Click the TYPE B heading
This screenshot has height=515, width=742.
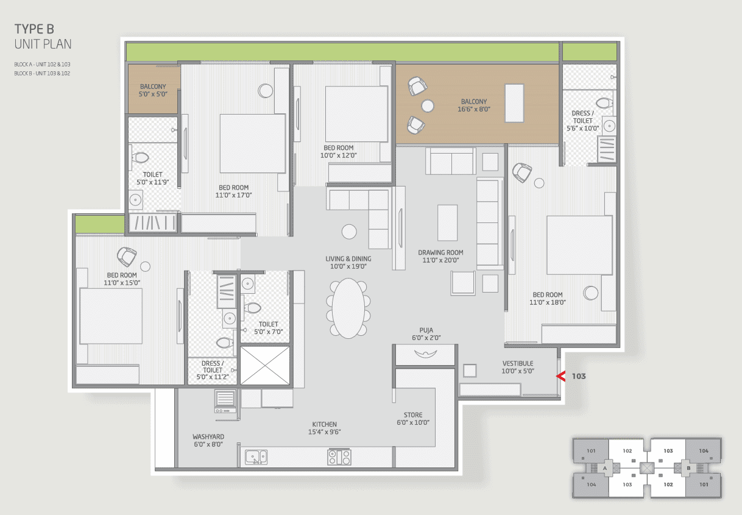pyautogui.click(x=34, y=29)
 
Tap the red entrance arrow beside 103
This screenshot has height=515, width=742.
pyautogui.click(x=561, y=376)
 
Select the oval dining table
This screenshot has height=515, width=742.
pyautogui.click(x=348, y=308)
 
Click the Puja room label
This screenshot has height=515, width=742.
pyautogui.click(x=426, y=334)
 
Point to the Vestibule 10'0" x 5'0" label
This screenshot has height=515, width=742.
pyautogui.click(x=518, y=367)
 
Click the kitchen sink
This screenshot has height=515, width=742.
pyautogui.click(x=256, y=457)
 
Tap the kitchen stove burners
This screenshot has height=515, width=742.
pyautogui.click(x=339, y=457)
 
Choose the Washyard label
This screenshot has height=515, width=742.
pyautogui.click(x=208, y=441)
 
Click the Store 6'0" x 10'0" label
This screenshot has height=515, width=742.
pyautogui.click(x=413, y=419)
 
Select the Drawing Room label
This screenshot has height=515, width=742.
pyautogui.click(x=440, y=256)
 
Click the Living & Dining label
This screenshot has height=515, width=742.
pyautogui.click(x=348, y=263)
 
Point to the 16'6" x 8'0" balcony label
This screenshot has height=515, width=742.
pyautogui.click(x=474, y=105)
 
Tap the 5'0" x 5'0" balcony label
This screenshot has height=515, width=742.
pyautogui.click(x=153, y=90)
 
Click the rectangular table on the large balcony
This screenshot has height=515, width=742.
pyautogui.click(x=514, y=103)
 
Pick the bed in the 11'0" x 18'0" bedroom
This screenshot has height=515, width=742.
pyautogui.click(x=579, y=245)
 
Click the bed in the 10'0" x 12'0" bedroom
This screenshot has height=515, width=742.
pyautogui.click(x=356, y=114)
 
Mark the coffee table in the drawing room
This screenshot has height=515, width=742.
pyautogui.click(x=447, y=222)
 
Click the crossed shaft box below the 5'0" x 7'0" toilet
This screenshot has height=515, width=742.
pyautogui.click(x=264, y=366)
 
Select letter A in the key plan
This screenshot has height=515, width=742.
pyautogui.click(x=605, y=468)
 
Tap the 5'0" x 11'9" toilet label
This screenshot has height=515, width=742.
pyautogui.click(x=153, y=179)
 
